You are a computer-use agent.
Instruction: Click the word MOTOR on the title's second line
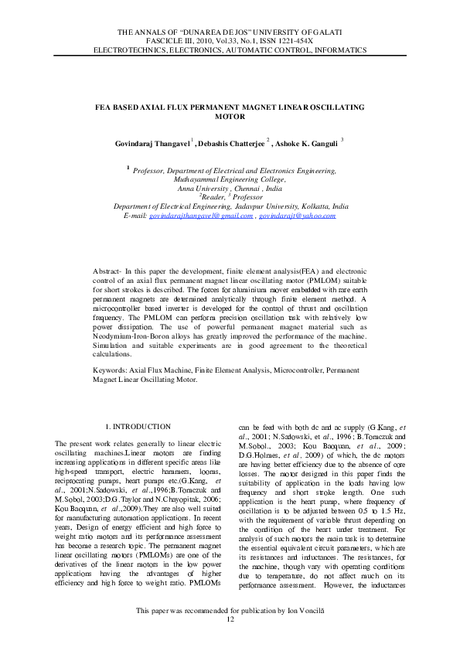[229, 116]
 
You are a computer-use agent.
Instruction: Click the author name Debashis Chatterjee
[230, 142]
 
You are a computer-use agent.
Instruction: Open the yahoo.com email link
[297, 216]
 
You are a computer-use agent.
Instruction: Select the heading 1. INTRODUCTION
[137, 427]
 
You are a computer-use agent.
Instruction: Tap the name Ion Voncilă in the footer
[305, 632]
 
